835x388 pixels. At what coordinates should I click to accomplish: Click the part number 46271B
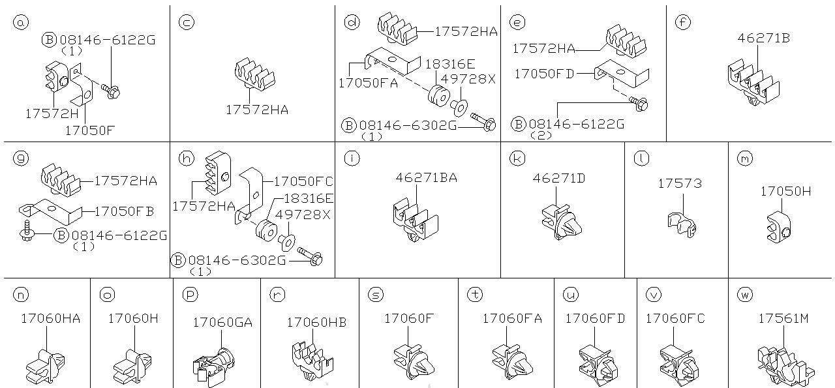tap(763, 38)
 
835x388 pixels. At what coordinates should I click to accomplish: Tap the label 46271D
tap(558, 177)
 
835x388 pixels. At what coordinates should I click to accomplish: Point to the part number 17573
tap(679, 184)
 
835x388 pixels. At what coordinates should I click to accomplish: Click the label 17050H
tap(785, 191)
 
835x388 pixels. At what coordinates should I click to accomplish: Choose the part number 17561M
tap(783, 319)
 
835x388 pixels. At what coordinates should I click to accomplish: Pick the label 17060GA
tap(222, 322)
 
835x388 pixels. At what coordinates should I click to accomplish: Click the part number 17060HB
tap(316, 322)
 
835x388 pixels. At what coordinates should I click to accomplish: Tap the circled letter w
tap(744, 295)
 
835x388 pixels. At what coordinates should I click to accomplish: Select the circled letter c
tap(187, 23)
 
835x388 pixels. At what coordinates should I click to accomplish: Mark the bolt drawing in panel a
tap(109, 92)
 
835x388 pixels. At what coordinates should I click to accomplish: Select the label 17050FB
tap(124, 211)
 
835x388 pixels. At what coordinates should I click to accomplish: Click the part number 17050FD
tap(544, 74)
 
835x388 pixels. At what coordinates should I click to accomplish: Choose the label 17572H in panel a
tap(52, 113)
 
